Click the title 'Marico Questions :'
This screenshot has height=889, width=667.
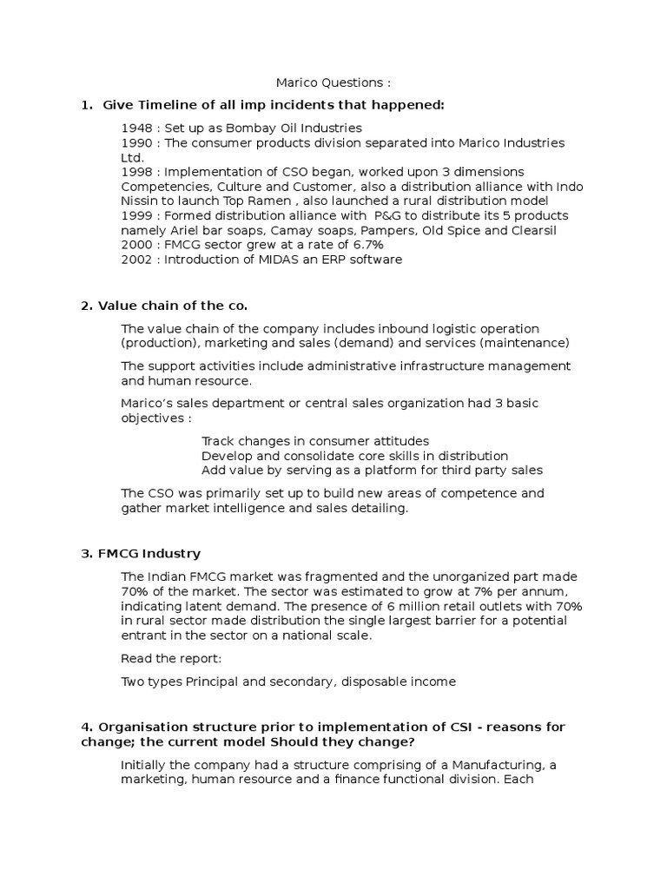[333, 82]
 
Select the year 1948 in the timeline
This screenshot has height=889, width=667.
[136, 128]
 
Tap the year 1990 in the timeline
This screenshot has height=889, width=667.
[136, 142]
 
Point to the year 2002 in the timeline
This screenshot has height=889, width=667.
[136, 260]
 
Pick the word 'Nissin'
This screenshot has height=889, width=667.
[140, 201]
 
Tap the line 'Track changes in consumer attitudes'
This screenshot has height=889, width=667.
[314, 441]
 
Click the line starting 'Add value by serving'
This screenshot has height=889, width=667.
[372, 470]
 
